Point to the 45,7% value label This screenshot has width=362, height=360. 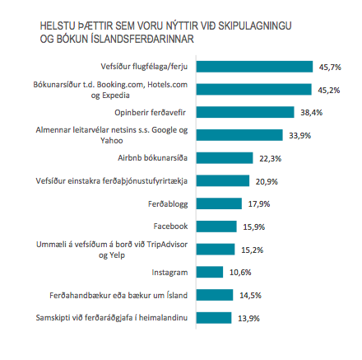[x=330, y=66]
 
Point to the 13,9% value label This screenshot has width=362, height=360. [x=248, y=317]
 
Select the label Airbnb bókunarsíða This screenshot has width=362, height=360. [x=160, y=157]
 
